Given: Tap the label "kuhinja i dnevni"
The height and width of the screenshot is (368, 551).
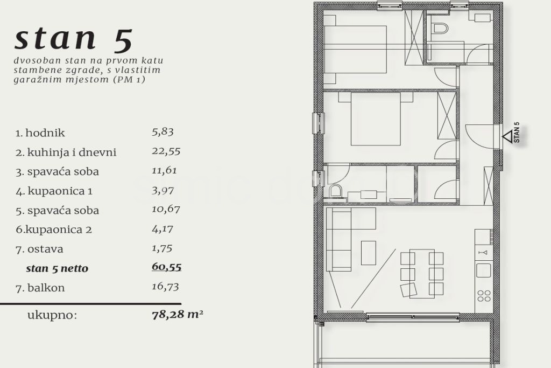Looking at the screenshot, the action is point(72,152).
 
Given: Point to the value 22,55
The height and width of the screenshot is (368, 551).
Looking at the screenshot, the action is point(166,151).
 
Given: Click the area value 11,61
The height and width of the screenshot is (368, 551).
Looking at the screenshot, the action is point(164,171).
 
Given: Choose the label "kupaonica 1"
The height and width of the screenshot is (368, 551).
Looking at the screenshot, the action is point(60,191).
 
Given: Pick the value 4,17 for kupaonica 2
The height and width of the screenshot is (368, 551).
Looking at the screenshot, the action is point(163,229).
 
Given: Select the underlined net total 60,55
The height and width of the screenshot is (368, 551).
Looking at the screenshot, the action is point(167,267).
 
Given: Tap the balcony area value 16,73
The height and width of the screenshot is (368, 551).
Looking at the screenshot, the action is point(165,287).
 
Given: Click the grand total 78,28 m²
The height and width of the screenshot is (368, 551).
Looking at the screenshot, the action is point(178,314).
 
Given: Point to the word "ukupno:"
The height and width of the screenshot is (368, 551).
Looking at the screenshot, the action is point(52,315).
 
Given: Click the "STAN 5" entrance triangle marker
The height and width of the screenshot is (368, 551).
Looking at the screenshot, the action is point(507,136).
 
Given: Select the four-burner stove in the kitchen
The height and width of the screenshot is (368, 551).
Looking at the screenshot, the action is point(484,295).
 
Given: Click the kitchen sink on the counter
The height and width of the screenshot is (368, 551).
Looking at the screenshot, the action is point(484,270).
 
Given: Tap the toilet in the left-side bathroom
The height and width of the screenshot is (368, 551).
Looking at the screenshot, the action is point(336,191).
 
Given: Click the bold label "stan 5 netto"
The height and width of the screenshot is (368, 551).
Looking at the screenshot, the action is point(57,268).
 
